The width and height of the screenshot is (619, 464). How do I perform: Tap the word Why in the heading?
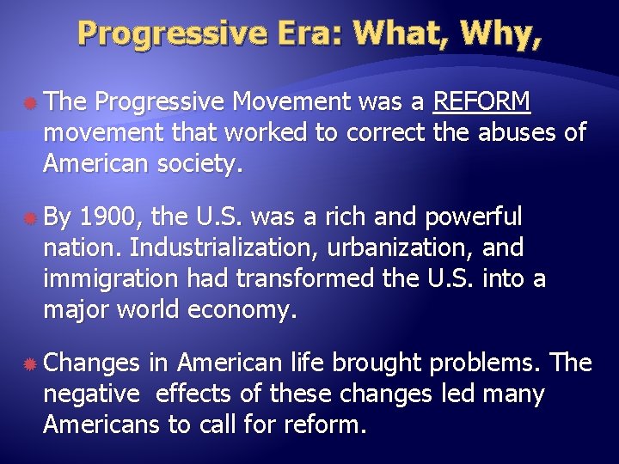tap(493, 34)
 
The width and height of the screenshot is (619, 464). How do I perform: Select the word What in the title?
tap(401, 34)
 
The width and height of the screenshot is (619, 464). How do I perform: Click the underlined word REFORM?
tap(482, 103)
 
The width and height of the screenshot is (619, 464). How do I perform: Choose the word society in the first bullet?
tap(195, 162)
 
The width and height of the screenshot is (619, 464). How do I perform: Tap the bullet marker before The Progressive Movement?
tap(29, 103)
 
